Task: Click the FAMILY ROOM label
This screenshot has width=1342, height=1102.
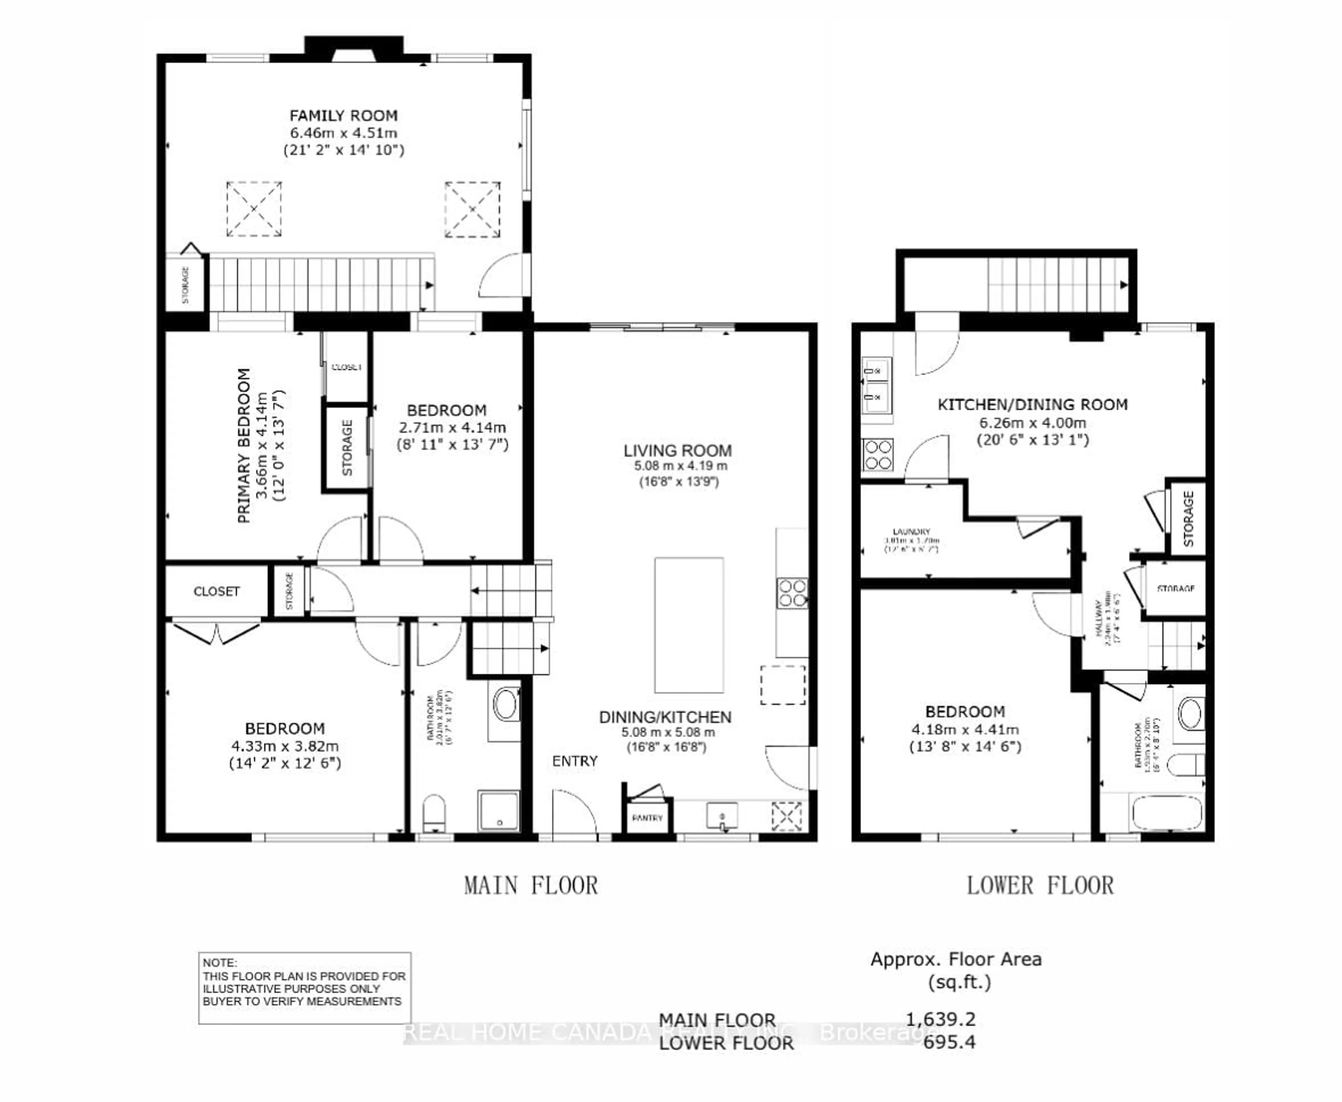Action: pos(344,116)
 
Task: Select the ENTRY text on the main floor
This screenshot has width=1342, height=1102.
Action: pos(575,761)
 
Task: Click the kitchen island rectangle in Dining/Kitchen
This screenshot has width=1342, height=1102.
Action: pos(689,625)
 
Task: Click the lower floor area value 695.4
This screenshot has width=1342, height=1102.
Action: pos(949,1042)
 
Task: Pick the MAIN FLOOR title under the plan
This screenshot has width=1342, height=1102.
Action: pos(531,886)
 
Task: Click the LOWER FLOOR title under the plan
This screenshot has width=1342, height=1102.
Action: pos(1040,886)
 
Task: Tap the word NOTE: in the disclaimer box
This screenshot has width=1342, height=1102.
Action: pos(219,963)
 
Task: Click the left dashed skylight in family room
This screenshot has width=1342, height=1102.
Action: pos(254,209)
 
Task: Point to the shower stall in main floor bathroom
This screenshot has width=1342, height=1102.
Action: pos(499,810)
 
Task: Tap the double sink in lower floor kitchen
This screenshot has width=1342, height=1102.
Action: pos(877,385)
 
